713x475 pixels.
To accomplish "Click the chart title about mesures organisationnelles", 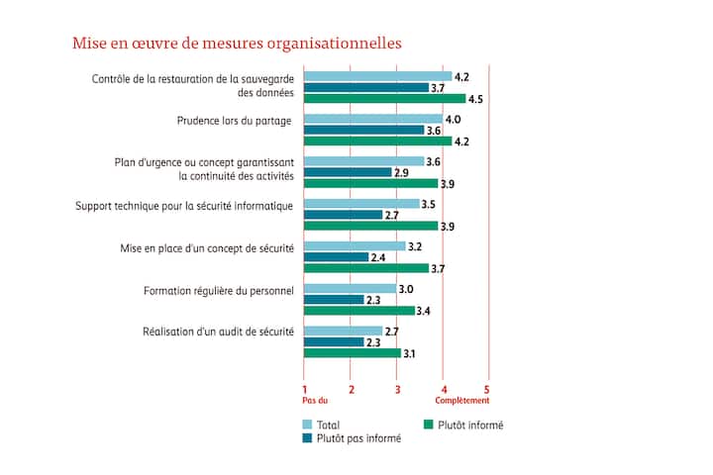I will click(x=237, y=44).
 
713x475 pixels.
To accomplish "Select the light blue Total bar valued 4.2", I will click(x=377, y=76).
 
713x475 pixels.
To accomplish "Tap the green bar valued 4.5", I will click(x=384, y=99).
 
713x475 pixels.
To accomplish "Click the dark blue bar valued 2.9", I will click(x=348, y=172).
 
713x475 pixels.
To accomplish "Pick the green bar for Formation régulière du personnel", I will click(x=359, y=311).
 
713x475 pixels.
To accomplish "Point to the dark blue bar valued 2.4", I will click(x=336, y=257).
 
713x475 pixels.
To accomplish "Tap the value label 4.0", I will click(x=455, y=119).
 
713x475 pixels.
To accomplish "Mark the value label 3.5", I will click(x=430, y=204).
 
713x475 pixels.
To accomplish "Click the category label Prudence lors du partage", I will click(x=234, y=122).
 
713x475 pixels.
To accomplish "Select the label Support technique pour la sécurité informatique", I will click(x=184, y=206).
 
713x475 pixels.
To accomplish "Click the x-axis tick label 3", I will click(x=397, y=388).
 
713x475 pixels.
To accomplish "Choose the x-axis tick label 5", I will click(x=486, y=388).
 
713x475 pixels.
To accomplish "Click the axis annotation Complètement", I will click(x=462, y=401).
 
